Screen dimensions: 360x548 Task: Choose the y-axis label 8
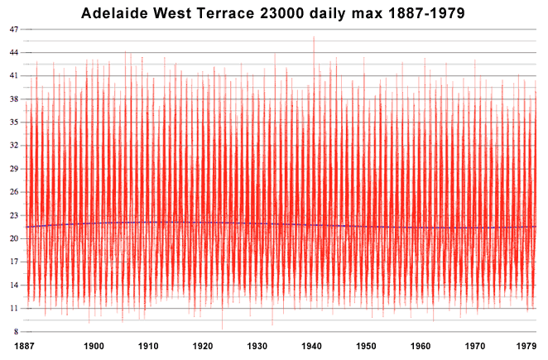(14, 331)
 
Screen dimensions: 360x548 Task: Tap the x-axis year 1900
(94, 346)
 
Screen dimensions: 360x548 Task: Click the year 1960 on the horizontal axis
(421, 346)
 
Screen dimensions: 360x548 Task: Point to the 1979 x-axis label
(525, 346)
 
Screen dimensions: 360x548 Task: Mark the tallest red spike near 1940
(313, 38)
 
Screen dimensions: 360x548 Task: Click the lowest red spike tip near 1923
(222, 329)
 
